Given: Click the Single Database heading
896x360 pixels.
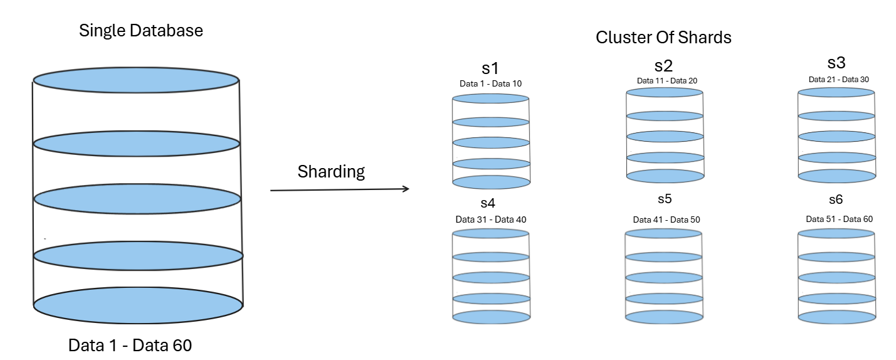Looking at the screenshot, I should (141, 30).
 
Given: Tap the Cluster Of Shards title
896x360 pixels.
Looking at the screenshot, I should (663, 37).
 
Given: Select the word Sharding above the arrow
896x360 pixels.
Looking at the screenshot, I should (331, 172).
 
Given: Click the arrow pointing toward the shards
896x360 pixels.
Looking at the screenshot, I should (339, 189).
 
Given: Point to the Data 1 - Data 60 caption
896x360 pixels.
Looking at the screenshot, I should (130, 345).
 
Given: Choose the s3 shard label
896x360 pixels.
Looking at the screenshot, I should (836, 63).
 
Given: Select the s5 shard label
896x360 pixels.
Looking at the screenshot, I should (665, 199).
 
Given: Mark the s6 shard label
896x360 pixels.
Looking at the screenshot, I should (836, 199).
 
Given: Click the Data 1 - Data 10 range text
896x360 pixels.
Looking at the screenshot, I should (491, 83).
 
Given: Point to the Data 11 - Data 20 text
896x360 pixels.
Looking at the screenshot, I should (667, 80).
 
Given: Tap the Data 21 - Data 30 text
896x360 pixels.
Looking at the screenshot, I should (838, 79).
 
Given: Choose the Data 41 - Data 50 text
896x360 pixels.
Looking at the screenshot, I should (666, 220).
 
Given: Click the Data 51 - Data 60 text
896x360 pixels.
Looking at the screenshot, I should (839, 219).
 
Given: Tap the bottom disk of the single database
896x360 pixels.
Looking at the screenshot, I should (138, 306).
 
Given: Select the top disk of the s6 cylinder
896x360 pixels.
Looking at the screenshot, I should (836, 233).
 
